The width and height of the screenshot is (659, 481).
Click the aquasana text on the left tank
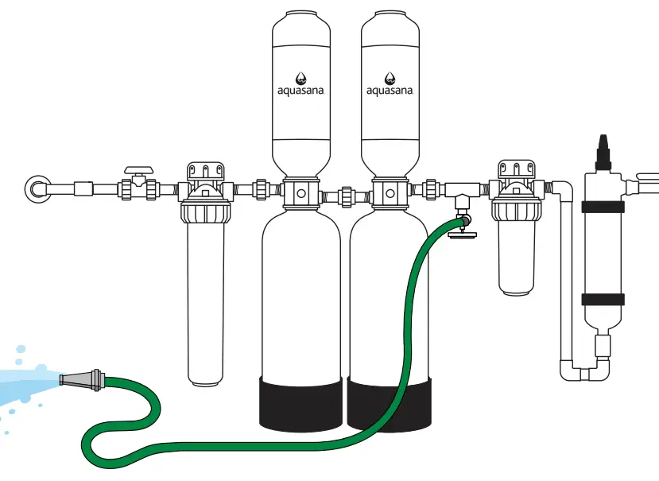click(301, 90)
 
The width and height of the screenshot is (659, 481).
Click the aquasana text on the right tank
click(390, 90)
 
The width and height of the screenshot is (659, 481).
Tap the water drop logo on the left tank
click(301, 77)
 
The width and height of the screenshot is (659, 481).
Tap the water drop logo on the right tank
click(390, 77)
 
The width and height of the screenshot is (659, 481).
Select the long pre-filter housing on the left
click(206, 302)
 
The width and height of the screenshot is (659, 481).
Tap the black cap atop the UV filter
click(601, 147)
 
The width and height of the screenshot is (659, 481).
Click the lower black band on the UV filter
click(601, 299)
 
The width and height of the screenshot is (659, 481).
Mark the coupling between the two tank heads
click(346, 193)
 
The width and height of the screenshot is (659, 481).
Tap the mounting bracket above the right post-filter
click(515, 170)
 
